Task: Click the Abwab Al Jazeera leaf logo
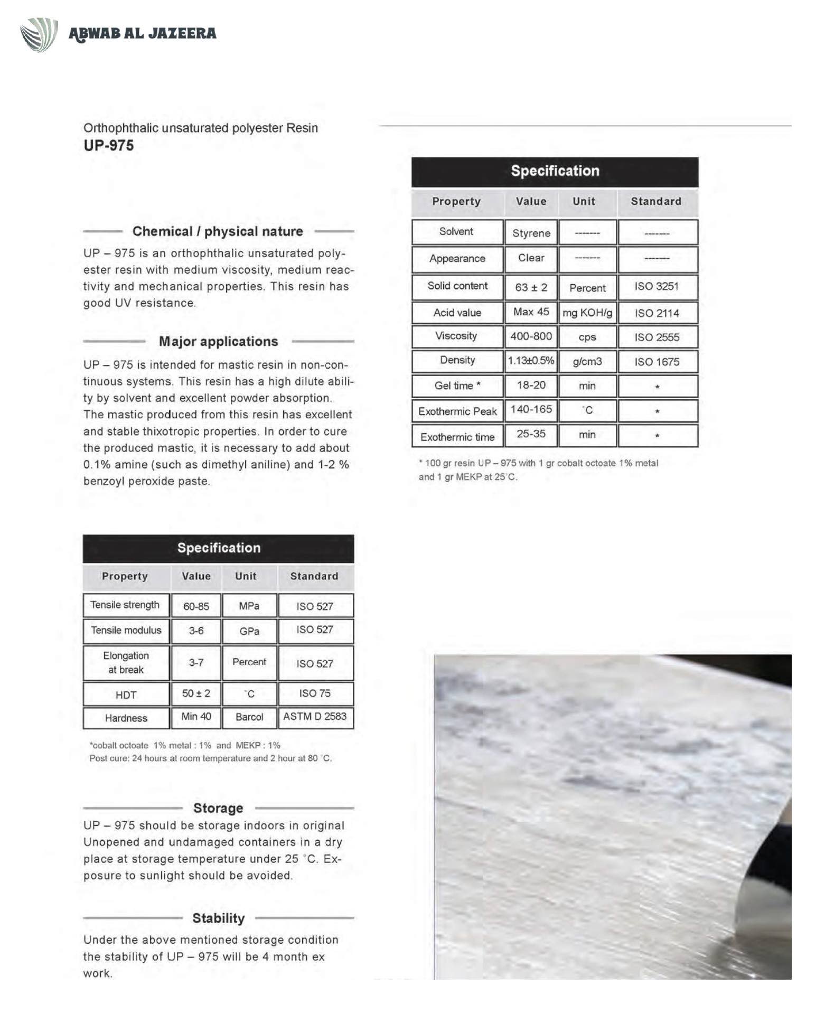click(39, 34)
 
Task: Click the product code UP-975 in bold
click(109, 145)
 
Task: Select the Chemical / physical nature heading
click(218, 231)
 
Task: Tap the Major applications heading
click(218, 342)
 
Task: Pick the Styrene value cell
click(531, 233)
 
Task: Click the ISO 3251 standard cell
click(657, 287)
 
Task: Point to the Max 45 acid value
click(531, 312)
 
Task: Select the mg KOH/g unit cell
click(587, 313)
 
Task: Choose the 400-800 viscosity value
click(531, 336)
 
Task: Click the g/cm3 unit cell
click(587, 362)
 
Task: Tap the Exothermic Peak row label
click(457, 411)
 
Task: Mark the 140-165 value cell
click(531, 410)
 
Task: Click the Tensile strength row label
click(125, 605)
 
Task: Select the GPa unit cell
click(249, 631)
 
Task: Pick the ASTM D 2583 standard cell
click(315, 717)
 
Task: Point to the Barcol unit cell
click(249, 717)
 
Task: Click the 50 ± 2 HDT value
click(196, 693)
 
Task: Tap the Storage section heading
click(218, 808)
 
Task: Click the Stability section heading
click(218, 918)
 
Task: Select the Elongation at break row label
click(126, 663)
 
